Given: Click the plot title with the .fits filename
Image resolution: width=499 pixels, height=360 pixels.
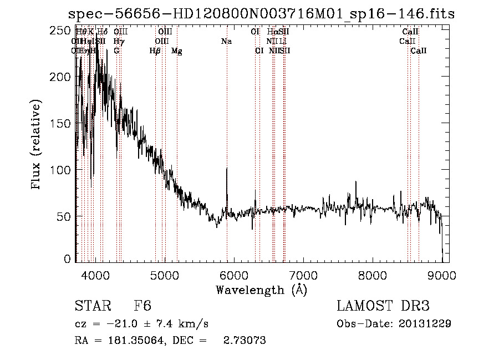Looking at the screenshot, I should tap(261, 14).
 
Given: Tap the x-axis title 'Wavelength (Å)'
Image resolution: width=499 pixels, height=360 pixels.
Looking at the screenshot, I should tap(261, 290).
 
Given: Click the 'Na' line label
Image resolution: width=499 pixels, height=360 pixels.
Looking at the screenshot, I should tap(226, 41).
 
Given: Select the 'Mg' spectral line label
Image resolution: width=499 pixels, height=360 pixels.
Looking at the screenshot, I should tap(176, 51).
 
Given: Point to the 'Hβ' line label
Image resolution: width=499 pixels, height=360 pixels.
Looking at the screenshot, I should tap(155, 51).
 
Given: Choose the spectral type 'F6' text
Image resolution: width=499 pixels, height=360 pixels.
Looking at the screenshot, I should tap(142, 306).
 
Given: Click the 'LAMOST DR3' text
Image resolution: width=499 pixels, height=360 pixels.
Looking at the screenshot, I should tap(383, 306).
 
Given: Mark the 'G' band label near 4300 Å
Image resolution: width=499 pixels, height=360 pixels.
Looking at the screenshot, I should tap(116, 51).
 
